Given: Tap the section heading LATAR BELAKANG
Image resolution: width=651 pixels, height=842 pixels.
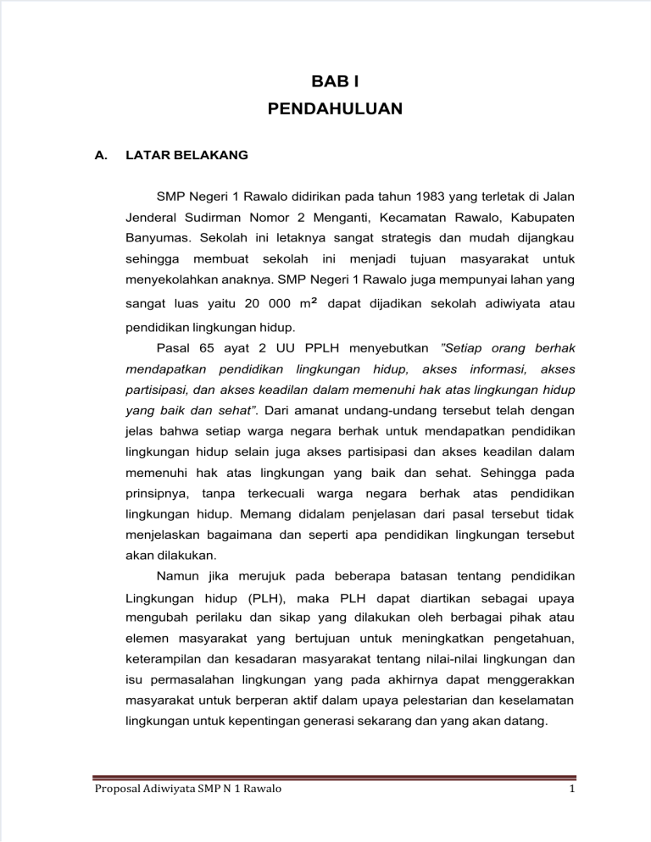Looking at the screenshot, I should [186, 156].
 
